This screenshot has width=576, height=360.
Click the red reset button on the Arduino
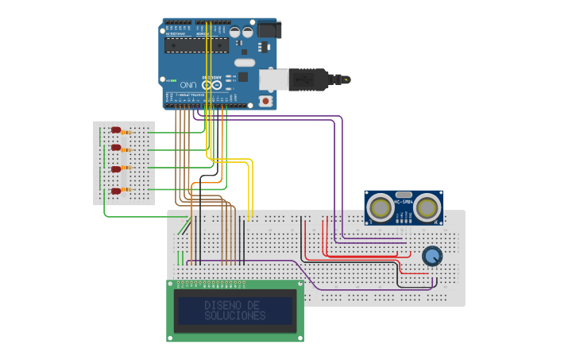[265, 101]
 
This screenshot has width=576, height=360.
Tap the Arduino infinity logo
[211, 84]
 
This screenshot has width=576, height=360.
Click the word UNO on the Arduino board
[188, 84]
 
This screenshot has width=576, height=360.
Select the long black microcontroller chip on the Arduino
[196, 45]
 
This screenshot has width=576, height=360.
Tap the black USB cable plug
[310, 79]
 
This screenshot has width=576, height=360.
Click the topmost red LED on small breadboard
[115, 130]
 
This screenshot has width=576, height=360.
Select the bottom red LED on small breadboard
[115, 191]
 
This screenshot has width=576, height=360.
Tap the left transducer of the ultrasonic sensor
[381, 208]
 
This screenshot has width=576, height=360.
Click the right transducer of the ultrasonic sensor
[427, 208]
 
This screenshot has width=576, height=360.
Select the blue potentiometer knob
[431, 256]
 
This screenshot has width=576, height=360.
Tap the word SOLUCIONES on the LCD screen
[234, 315]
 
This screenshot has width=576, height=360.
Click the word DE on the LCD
[253, 305]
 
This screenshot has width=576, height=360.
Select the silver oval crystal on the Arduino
[244, 62]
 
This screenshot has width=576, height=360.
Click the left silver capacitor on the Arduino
[236, 33]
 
